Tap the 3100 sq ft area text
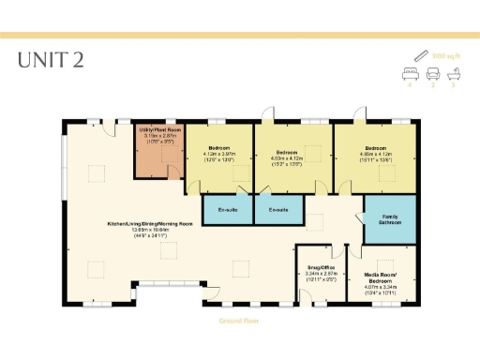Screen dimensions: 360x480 click(x=444, y=55)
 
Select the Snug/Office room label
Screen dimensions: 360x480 click(x=319, y=267)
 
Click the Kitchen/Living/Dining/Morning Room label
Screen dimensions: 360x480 click(x=150, y=224)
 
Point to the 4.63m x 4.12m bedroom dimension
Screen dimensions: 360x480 click(x=287, y=157)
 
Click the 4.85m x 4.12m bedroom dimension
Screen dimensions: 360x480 click(x=375, y=157)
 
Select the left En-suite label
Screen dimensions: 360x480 click(x=227, y=209)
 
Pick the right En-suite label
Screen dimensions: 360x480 click(x=278, y=209)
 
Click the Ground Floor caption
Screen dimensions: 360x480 click(x=238, y=320)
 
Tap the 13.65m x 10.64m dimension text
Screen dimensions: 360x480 click(x=150, y=230)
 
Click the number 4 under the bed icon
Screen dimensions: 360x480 click(x=410, y=84)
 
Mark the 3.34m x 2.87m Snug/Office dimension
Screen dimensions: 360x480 click(x=319, y=274)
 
